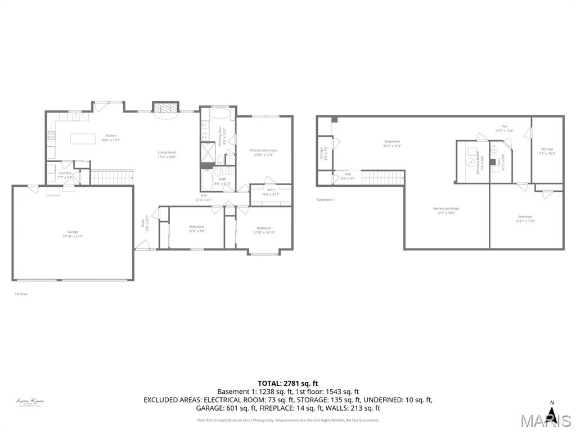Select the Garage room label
pyautogui.click(x=73, y=232)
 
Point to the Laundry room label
pyautogui.click(x=65, y=173)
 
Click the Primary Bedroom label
pyautogui.click(x=263, y=150)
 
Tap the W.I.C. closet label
pyautogui.click(x=271, y=190)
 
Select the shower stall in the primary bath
pyautogui.click(x=207, y=152)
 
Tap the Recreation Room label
pyautogui.click(x=446, y=209)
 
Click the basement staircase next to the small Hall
pyautogui.click(x=383, y=177)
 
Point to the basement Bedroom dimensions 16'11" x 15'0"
pyautogui.click(x=525, y=221)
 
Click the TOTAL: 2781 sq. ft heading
pyautogui.click(x=287, y=384)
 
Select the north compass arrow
pyautogui.click(x=552, y=415)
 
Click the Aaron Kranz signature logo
pyautogui.click(x=30, y=402)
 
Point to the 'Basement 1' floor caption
pyautogui.click(x=325, y=200)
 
